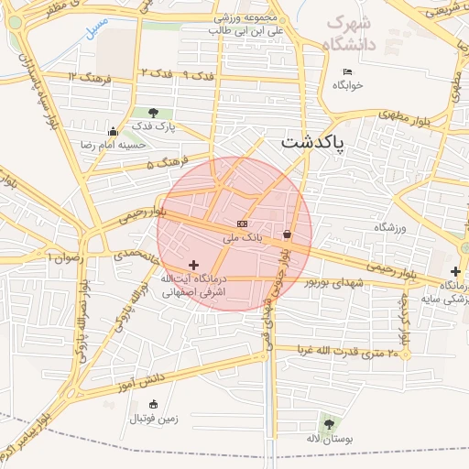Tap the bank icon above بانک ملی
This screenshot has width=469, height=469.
coord(242,224)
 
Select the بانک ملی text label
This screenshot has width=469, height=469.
coord(243,237)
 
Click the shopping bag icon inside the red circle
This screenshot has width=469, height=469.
coord(288,234)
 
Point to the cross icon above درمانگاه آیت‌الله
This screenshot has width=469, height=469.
coord(192,264)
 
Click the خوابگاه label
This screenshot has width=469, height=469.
coord(348,85)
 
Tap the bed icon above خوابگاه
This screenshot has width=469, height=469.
coord(346,71)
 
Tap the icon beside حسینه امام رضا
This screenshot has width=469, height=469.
coord(112,131)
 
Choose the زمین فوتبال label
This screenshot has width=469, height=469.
coord(152,419)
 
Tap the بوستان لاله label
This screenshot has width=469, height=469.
coord(326,438)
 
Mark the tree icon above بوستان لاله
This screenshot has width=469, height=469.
coord(327,423)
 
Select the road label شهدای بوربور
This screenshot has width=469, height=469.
coord(334,284)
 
